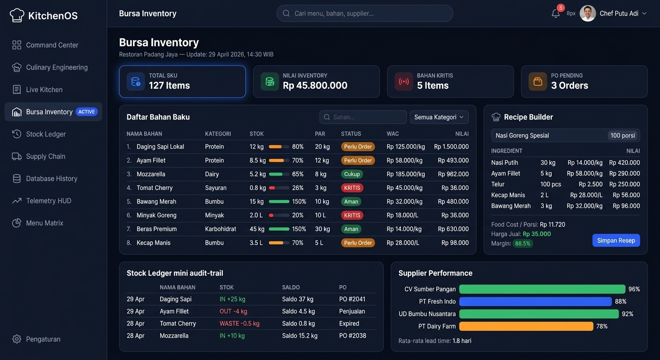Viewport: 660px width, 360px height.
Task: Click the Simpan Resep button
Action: point(616,240)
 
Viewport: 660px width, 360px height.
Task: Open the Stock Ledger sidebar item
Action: point(45,134)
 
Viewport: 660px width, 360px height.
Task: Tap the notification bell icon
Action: point(555,14)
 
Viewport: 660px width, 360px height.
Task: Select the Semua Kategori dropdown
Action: point(439,117)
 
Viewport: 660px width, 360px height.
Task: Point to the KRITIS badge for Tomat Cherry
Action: point(352,188)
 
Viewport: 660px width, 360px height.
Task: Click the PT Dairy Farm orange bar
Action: point(526,326)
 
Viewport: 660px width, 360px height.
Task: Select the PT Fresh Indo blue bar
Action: point(535,301)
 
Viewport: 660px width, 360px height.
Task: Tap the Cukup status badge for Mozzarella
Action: point(352,174)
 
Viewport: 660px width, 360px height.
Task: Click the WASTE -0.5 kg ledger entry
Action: point(239,323)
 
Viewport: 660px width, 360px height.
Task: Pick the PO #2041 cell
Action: point(352,299)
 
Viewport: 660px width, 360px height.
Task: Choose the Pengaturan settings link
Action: point(43,339)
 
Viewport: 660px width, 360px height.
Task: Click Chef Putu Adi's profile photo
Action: point(587,14)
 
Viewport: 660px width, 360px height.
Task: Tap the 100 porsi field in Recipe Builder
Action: point(622,135)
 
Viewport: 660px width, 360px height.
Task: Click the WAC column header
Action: point(393,134)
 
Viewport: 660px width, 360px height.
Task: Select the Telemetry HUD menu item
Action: point(48,201)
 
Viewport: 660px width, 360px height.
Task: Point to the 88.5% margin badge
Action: point(523,244)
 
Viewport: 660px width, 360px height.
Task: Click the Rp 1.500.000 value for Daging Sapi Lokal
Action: point(451,147)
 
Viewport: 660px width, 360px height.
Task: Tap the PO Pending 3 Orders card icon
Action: point(538,82)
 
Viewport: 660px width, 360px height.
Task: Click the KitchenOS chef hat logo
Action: point(17,15)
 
